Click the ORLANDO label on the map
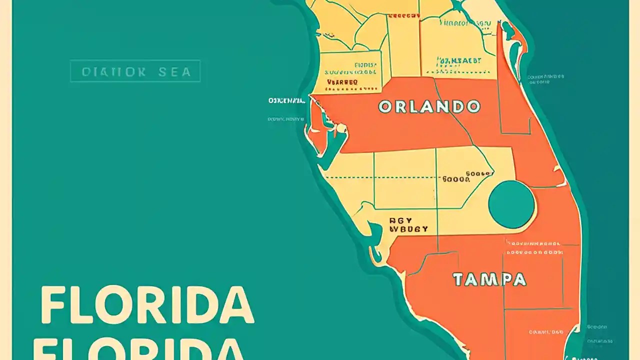click(429, 106)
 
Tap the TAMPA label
click(489, 279)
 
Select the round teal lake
click(511, 204)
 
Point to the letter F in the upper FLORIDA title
click(53, 305)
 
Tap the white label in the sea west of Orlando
click(286, 101)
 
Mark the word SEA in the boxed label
click(175, 71)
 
